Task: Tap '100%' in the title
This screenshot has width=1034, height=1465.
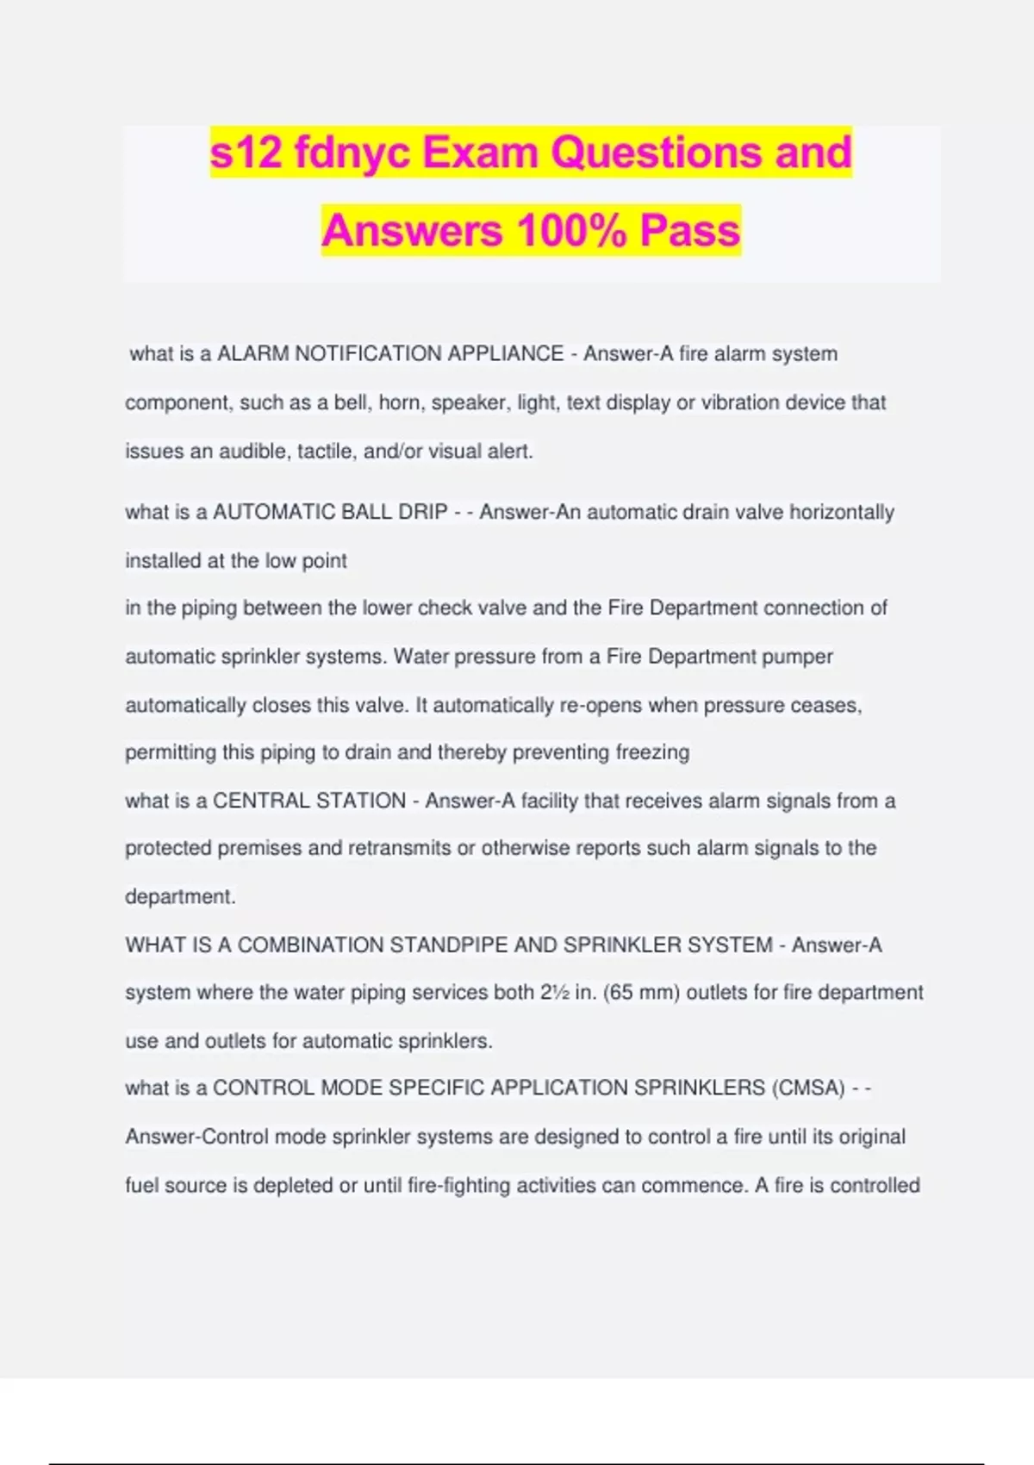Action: (571, 231)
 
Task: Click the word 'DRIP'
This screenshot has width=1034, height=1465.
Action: (422, 512)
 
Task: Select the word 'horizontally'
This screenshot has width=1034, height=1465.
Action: (842, 512)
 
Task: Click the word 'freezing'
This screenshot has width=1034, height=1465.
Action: (652, 752)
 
